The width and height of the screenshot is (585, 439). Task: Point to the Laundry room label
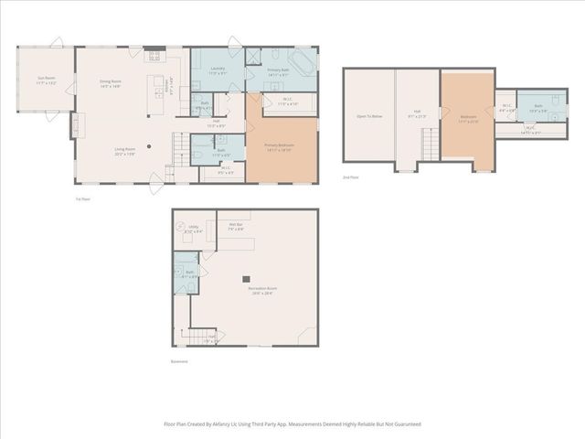[x=218, y=69]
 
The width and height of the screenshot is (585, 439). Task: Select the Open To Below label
[x=367, y=116]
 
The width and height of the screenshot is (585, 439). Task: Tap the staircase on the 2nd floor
[x=428, y=143]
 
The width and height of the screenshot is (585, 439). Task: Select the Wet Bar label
[x=235, y=226]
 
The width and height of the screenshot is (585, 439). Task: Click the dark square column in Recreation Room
[x=245, y=277]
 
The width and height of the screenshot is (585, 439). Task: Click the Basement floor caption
[x=178, y=361]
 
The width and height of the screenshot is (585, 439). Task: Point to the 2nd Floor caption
[x=350, y=177]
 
